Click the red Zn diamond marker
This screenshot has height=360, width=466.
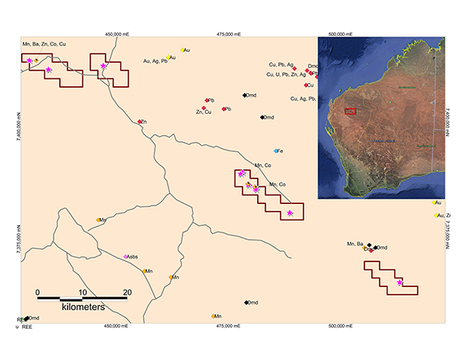tap(140, 122)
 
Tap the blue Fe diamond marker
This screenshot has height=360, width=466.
tap(276, 151)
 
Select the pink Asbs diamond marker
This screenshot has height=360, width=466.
tap(126, 256)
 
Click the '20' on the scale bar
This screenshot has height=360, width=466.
tap(127, 292)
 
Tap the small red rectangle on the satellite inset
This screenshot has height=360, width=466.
tap(351, 111)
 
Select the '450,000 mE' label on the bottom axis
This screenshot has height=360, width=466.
tap(115, 327)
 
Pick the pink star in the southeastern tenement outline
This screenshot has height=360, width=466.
tap(399, 282)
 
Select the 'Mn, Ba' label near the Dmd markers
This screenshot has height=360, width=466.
tap(354, 244)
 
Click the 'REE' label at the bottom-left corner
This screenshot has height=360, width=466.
tap(26, 327)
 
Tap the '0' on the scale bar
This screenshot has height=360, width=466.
tap(38, 292)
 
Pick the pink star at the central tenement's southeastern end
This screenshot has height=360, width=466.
tap(290, 213)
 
